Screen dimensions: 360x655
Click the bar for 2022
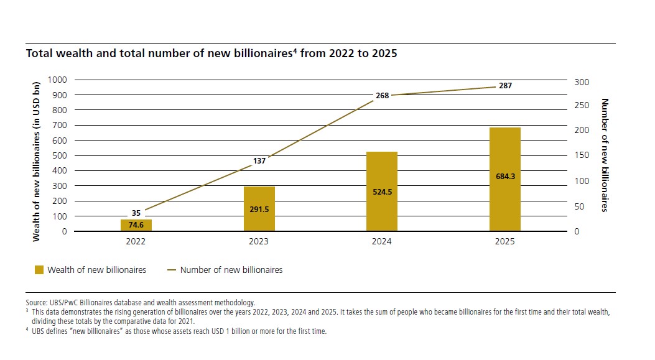tap(136, 225)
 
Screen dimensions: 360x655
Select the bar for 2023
tap(259, 208)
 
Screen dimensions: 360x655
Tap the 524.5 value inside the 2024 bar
tap(382, 192)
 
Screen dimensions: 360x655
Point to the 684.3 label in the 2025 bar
tap(504, 176)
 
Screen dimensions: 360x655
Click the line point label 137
tap(259, 161)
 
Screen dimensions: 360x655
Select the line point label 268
tap(382, 96)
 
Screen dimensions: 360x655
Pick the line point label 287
tap(505, 86)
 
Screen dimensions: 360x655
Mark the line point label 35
tap(136, 213)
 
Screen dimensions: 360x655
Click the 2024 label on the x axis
tap(382, 241)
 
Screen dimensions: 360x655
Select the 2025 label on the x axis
tap(505, 241)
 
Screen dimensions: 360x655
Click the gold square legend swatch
tap(39, 270)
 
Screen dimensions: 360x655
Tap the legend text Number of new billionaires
tap(231, 270)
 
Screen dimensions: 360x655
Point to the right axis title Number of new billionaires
tap(603, 155)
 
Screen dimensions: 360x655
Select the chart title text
tap(211, 53)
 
